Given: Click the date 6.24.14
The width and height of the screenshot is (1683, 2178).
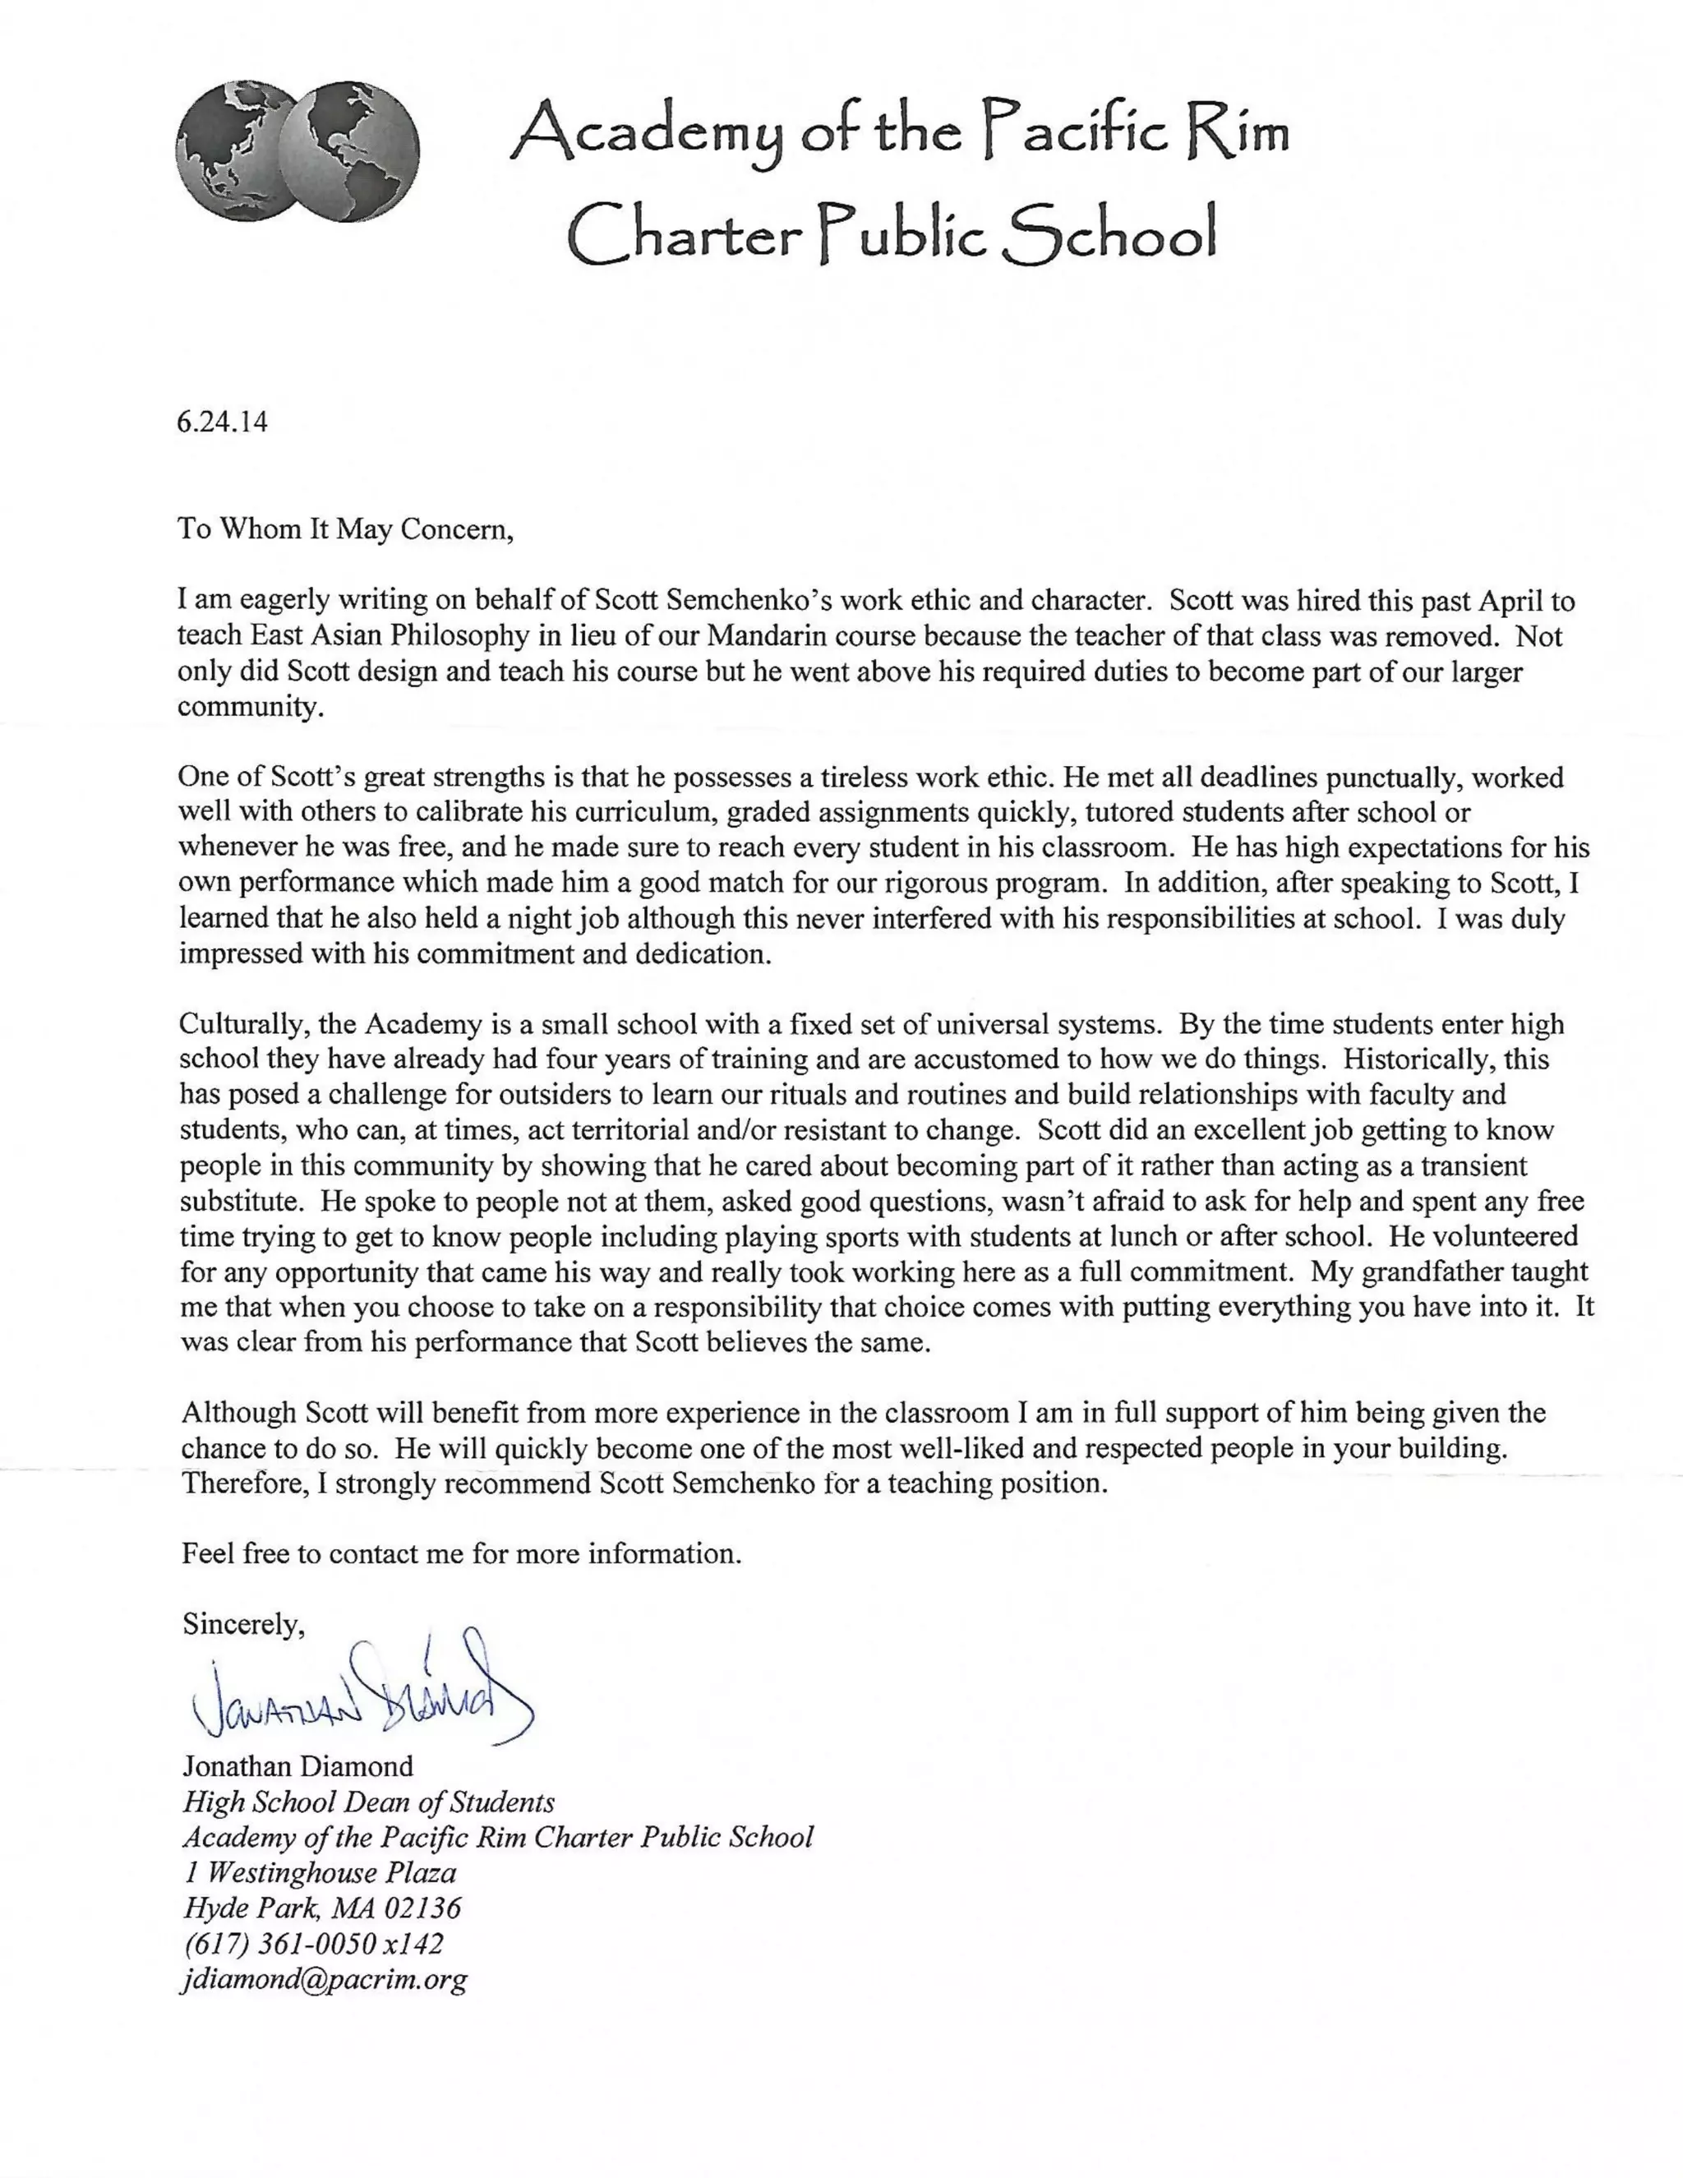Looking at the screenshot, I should pyautogui.click(x=223, y=422).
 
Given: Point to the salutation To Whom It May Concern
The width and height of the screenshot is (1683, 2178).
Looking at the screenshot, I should pyautogui.click(x=345, y=528).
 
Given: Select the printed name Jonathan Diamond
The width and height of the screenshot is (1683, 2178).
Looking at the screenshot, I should pyautogui.click(x=297, y=1766).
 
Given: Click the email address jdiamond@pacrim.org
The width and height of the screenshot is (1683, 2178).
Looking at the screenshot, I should pyautogui.click(x=324, y=1978).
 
